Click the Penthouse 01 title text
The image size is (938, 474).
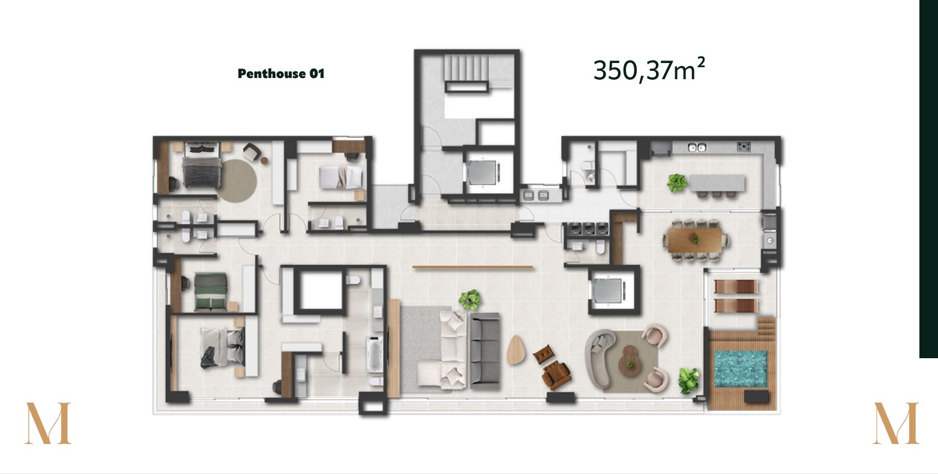click(281, 74)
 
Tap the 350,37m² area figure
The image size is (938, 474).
click(649, 70)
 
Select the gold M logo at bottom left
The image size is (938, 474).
click(48, 424)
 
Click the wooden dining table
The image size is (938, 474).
click(695, 240)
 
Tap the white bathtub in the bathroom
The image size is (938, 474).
click(374, 354)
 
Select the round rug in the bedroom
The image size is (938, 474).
click(236, 181)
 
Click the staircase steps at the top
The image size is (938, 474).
click(466, 67)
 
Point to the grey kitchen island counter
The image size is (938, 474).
click(717, 183)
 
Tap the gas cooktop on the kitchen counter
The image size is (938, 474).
click(744, 146)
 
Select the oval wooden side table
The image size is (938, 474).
click(516, 350)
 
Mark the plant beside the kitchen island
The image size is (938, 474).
click(677, 183)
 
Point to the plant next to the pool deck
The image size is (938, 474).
click(689, 380)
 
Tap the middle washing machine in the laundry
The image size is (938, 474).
click(589, 228)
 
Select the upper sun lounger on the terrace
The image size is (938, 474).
click(736, 286)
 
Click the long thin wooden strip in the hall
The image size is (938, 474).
click(472, 267)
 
